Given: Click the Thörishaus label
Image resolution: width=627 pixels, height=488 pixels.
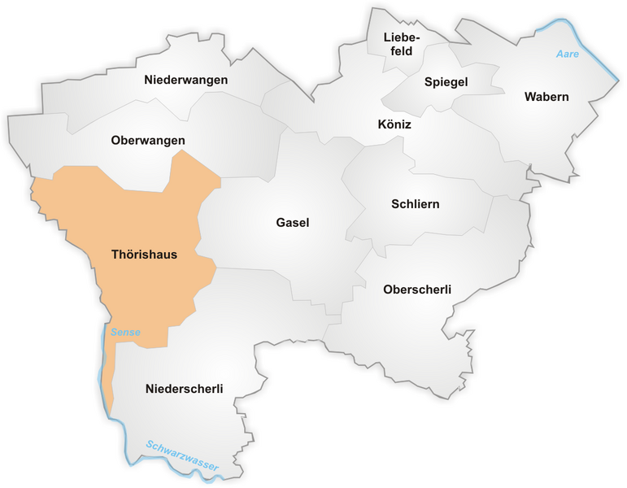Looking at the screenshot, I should pos(144,255).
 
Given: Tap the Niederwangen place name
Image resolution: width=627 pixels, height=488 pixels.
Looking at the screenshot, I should pos(185,80).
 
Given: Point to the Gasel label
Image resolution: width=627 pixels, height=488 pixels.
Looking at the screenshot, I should pos(293,223).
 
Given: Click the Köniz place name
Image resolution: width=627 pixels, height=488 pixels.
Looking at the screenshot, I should pos(394,125).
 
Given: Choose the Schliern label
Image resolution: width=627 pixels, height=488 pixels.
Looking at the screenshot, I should pos(414,204).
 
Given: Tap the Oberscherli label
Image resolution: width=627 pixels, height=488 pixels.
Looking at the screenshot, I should pos(416,290).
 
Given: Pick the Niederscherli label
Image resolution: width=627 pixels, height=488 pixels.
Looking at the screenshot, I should pos(185,389).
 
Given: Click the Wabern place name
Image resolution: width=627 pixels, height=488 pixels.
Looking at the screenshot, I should pos(546,97).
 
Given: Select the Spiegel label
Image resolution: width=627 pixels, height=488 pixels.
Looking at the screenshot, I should pos(446,82).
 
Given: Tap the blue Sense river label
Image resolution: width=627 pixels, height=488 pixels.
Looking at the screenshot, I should pos(126,332).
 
